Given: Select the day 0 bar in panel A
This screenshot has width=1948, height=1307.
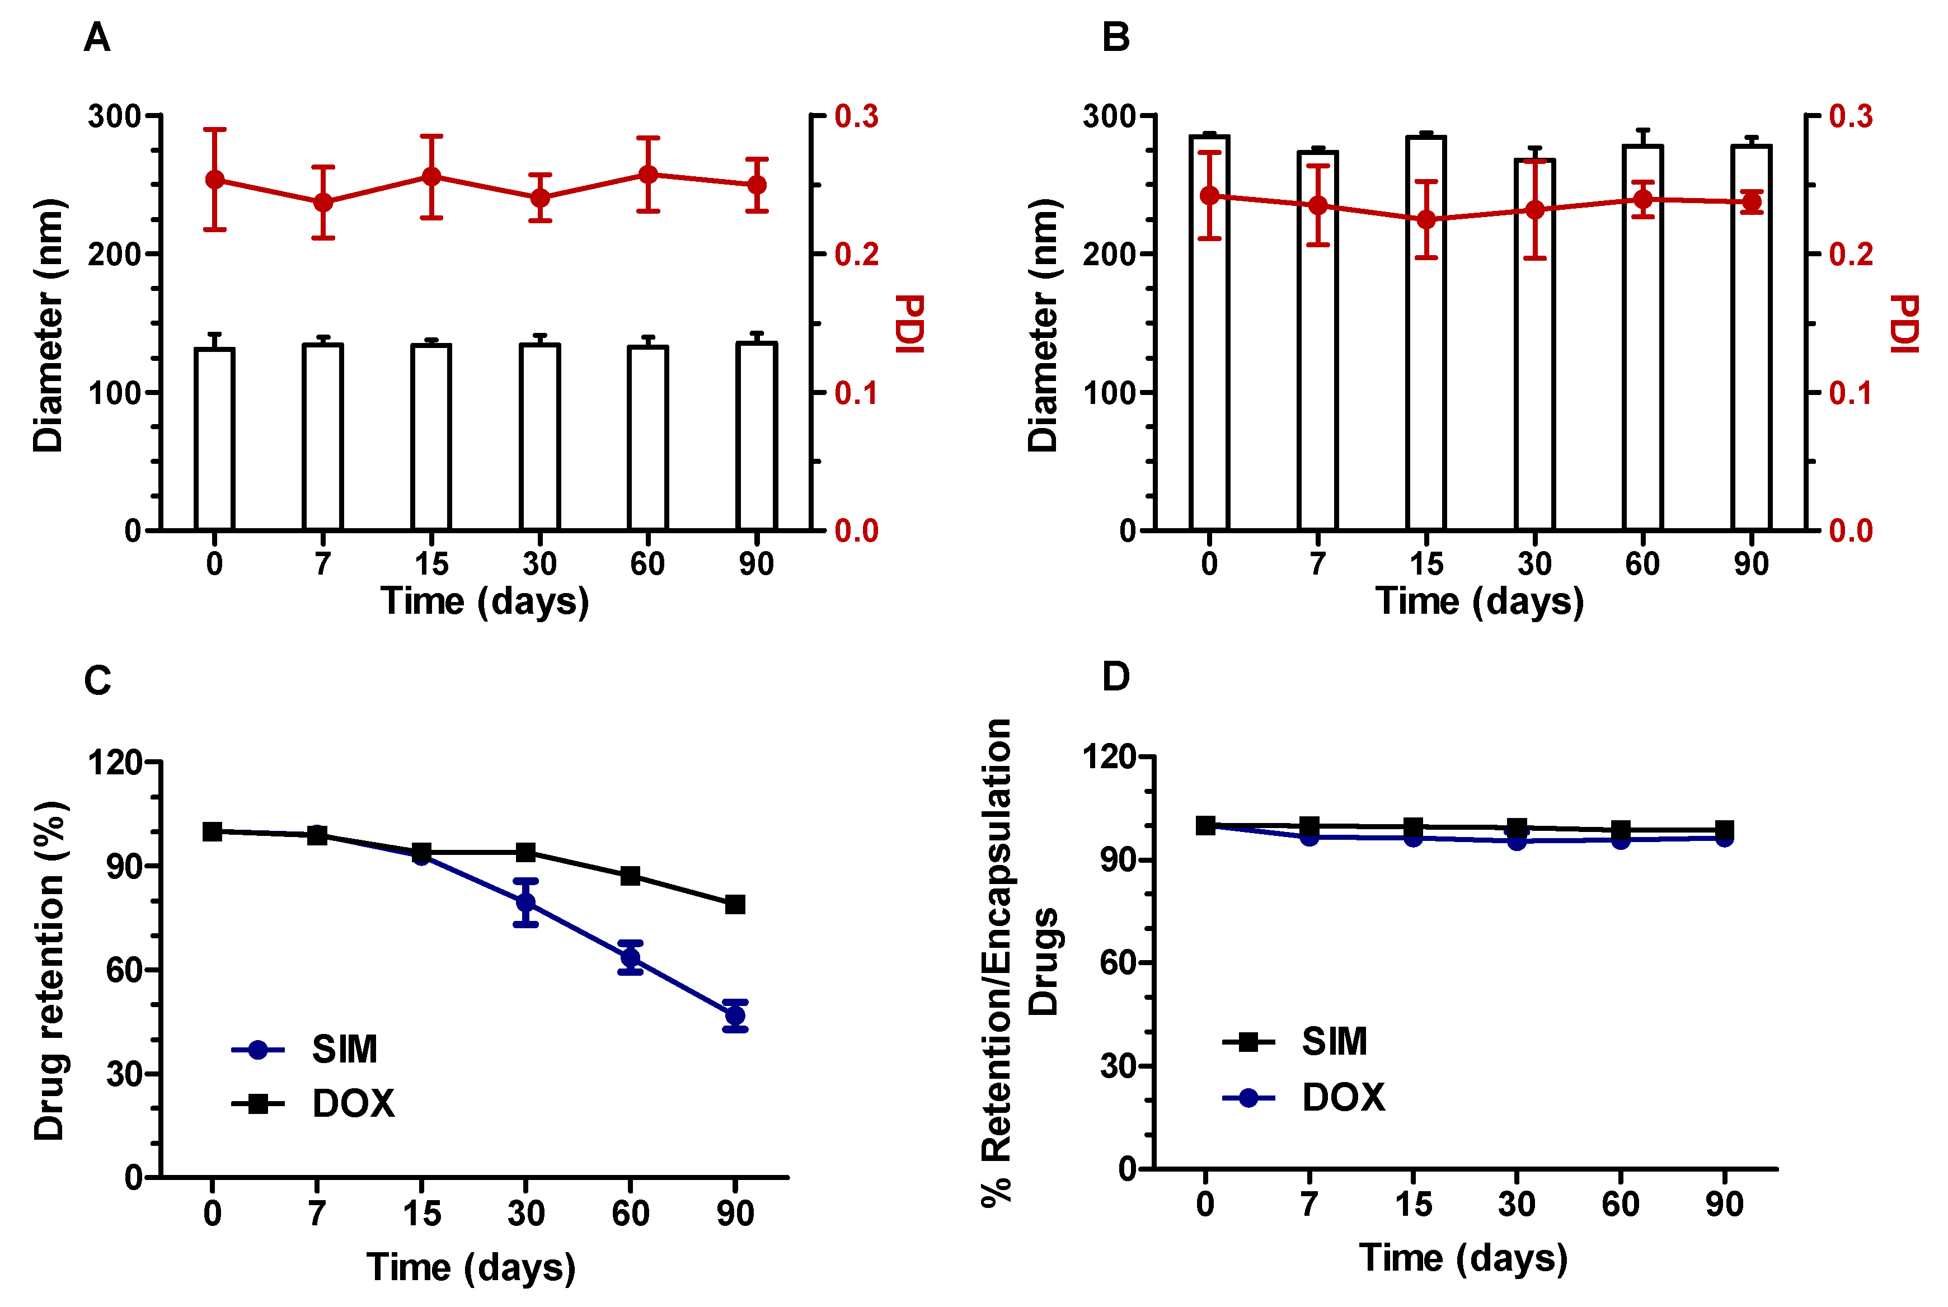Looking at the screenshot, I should click(x=214, y=439).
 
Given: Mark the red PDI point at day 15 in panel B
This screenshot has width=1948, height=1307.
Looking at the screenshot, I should click(x=1426, y=220).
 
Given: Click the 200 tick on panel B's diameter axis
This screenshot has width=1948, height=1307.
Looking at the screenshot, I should click(x=1108, y=254).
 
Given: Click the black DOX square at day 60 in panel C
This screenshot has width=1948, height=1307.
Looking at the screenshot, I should click(x=630, y=876).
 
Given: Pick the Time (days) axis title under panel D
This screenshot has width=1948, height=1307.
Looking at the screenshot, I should click(x=1463, y=1258).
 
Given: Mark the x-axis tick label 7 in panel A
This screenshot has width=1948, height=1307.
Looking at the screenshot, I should click(x=322, y=565).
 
